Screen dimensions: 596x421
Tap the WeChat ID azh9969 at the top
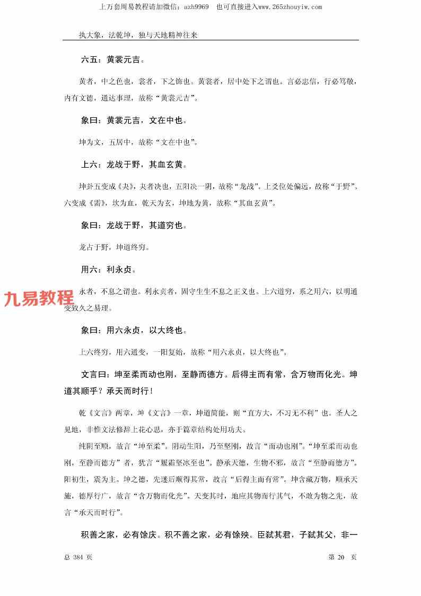point(196,7)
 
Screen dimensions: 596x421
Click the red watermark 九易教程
point(39,299)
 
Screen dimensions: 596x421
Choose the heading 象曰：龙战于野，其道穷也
point(134,226)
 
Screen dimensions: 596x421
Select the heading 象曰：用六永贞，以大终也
point(134,330)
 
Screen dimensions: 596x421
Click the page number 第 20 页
point(343,557)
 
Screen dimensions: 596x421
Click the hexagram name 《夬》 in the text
point(123,187)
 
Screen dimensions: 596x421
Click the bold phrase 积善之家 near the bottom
point(98,533)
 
